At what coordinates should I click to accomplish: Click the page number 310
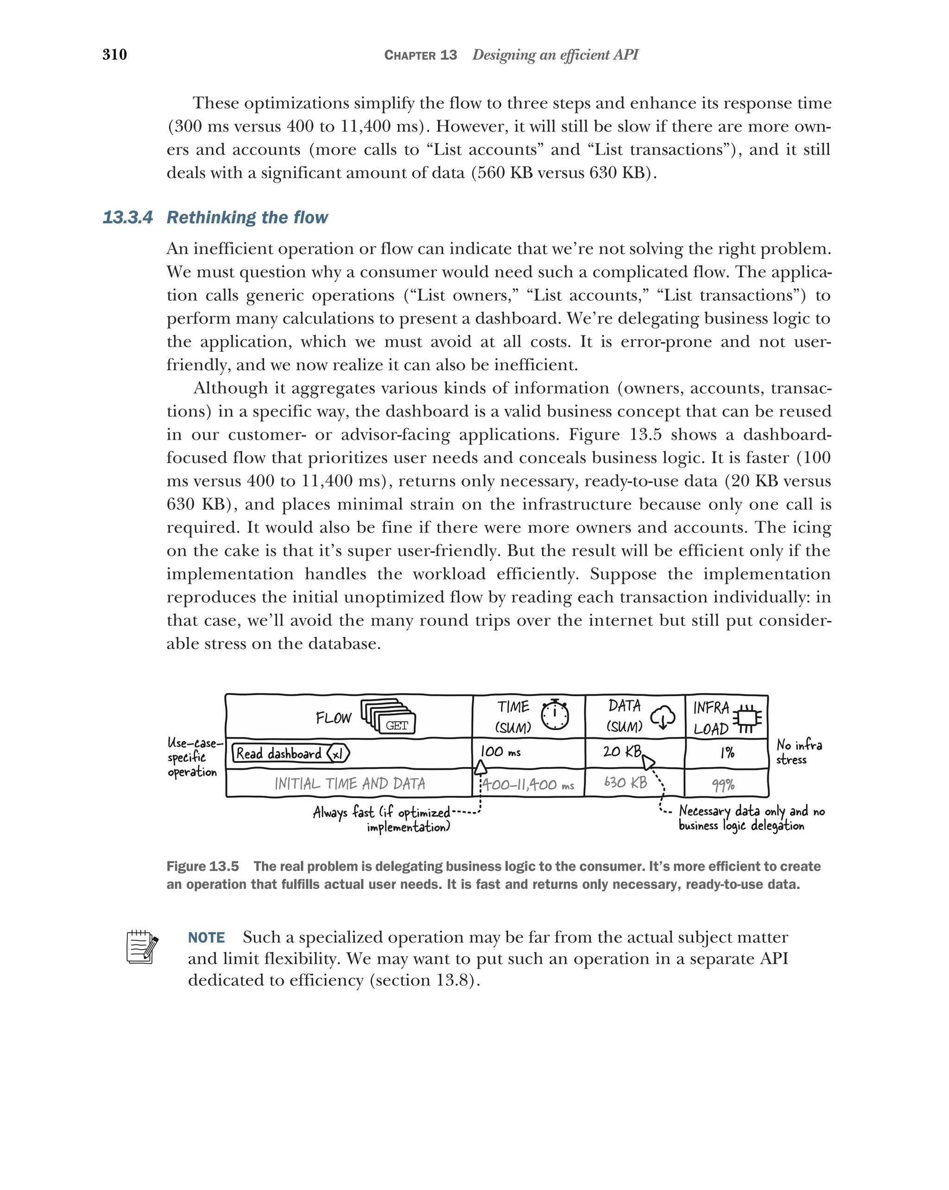114,54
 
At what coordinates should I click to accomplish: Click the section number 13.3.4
127,217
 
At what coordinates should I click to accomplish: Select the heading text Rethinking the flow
247,217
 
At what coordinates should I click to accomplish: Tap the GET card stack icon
388,717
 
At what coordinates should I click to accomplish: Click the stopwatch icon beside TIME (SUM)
554,715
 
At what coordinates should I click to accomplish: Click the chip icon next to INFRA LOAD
747,718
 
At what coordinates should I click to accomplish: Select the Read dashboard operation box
290,753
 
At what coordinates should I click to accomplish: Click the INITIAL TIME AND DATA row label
349,784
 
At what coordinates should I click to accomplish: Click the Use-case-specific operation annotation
193,757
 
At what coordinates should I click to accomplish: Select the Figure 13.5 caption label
202,866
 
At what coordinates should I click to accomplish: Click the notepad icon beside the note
142,948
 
